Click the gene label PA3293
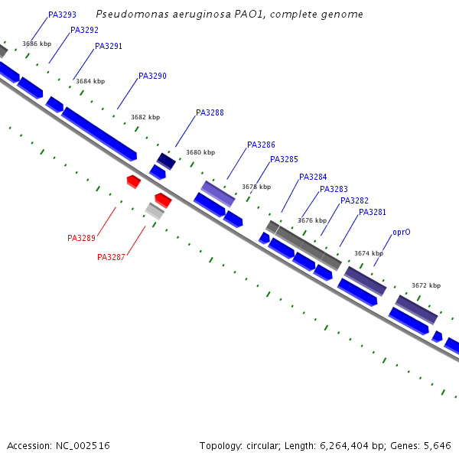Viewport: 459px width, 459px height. click(x=62, y=15)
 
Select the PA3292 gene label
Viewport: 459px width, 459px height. click(x=84, y=30)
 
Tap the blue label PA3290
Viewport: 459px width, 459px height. click(x=152, y=76)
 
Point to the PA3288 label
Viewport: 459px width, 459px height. click(x=210, y=112)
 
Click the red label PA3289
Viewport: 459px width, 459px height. click(x=81, y=238)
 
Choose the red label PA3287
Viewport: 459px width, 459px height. click(x=111, y=257)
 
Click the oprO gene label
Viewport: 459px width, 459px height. click(x=401, y=231)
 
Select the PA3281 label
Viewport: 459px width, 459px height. click(x=373, y=212)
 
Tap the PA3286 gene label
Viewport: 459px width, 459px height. click(x=261, y=145)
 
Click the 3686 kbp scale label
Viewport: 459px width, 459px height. click(x=37, y=44)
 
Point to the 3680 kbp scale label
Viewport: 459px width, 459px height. click(x=200, y=152)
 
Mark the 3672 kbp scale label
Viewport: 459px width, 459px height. click(x=426, y=285)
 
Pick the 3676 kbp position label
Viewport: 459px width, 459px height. click(x=312, y=220)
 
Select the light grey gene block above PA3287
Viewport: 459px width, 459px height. click(x=155, y=210)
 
